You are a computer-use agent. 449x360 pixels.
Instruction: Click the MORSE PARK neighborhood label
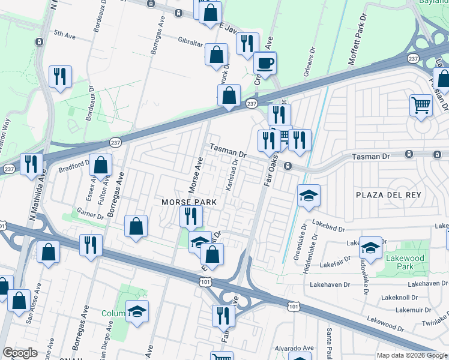coord(188,202)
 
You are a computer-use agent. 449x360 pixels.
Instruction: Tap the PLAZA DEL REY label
coord(388,195)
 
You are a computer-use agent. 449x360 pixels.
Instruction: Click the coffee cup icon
coord(265,62)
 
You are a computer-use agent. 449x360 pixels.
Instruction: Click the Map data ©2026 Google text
coord(412,355)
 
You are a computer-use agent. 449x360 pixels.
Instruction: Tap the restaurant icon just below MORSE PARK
coord(191,216)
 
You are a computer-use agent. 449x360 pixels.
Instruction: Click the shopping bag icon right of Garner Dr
coord(136,226)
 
